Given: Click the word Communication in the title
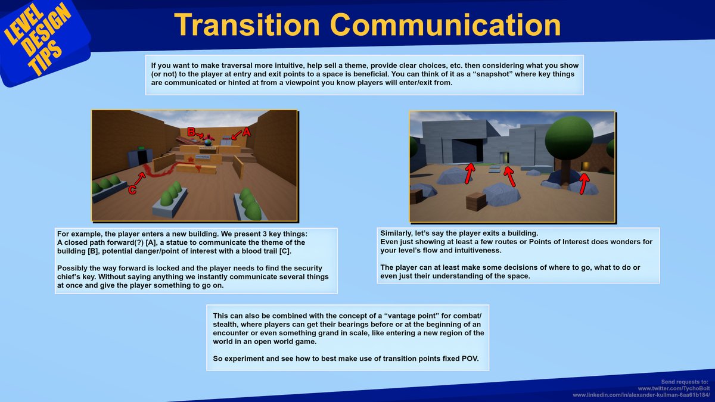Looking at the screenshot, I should [444, 25].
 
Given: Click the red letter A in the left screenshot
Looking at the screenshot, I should [245, 133].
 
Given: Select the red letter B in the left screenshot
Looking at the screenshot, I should [191, 132].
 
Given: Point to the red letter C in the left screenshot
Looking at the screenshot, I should [132, 190].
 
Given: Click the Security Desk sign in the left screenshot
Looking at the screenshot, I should [202, 157].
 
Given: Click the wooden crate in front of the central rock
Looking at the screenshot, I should [476, 201].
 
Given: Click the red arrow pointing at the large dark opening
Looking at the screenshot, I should [470, 173].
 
